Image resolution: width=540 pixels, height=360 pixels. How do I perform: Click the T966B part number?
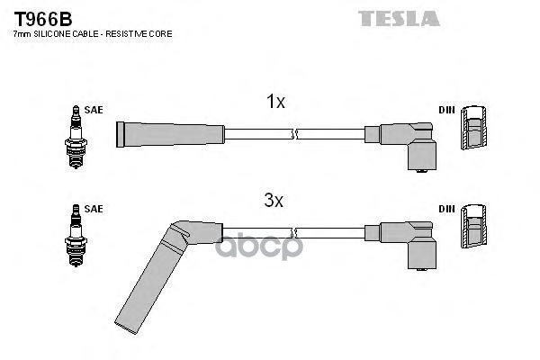[41, 17]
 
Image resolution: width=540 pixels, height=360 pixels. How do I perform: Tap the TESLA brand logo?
[398, 18]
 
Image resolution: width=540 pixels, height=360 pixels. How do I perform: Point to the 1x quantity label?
[275, 103]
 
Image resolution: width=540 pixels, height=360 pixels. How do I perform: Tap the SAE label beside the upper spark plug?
[94, 110]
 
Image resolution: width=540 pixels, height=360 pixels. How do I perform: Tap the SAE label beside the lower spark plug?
[94, 209]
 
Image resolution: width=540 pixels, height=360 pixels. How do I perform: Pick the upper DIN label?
[446, 110]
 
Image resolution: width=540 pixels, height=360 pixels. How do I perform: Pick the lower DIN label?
[446, 209]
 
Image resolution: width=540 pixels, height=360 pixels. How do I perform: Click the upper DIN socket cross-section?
[474, 130]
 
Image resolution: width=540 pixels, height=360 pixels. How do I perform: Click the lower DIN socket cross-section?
[474, 229]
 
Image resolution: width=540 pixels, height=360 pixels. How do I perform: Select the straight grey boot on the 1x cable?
[171, 135]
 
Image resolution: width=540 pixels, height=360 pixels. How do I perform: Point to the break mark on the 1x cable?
[295, 135]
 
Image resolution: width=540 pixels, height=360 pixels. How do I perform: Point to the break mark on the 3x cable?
[295, 231]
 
